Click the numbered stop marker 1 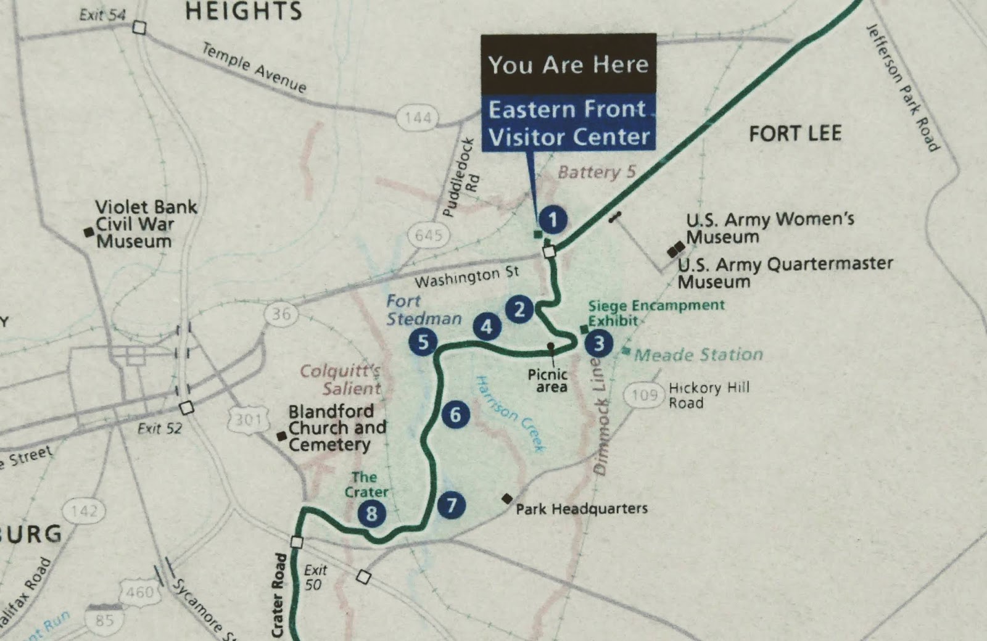coord(553,220)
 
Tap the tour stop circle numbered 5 coord(423,342)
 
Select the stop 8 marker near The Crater coord(371,513)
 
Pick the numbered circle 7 coord(452,505)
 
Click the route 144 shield coord(418,117)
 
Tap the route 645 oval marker coord(429,235)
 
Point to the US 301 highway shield coord(249,420)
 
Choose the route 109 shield coord(644,395)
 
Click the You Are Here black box coord(568,64)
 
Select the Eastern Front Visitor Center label coord(569,123)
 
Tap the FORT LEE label coord(795,134)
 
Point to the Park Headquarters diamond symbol coord(507,498)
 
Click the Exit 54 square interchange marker coord(139,28)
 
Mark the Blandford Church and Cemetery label coord(337,428)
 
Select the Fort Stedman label coord(423,310)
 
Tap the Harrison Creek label coord(511,413)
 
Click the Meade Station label coord(698,355)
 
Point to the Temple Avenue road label coord(255,68)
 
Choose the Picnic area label coord(548,381)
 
